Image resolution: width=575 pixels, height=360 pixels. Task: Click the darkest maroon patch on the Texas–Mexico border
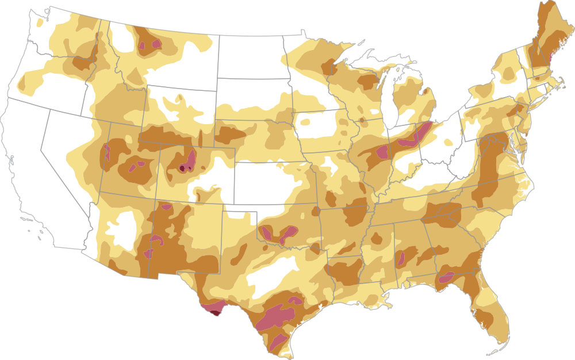(x=215, y=313)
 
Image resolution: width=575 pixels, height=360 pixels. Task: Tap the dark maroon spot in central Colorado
(x=182, y=168)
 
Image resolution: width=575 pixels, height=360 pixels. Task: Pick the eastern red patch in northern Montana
(x=156, y=43)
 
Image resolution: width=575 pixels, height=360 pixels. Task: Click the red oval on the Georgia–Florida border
(x=445, y=277)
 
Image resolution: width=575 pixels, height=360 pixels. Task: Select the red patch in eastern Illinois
(x=381, y=152)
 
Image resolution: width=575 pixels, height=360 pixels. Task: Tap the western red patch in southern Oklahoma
(x=267, y=233)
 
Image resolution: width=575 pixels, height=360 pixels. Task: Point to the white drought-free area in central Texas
(x=270, y=273)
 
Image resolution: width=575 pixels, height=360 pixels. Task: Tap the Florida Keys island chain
(x=494, y=352)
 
